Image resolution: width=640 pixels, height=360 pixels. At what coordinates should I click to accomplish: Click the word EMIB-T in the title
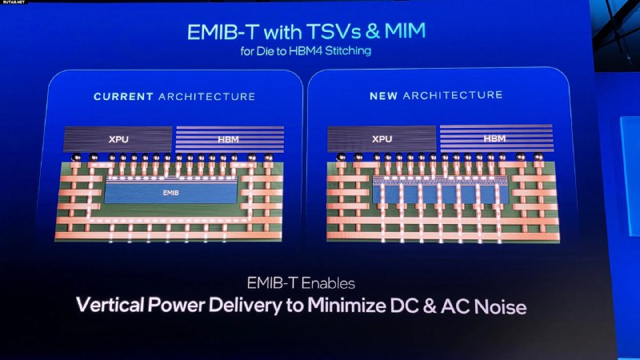224,32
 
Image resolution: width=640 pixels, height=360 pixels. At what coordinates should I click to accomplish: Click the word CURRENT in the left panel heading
123,97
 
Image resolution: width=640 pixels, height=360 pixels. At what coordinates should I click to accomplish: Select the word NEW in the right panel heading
383,96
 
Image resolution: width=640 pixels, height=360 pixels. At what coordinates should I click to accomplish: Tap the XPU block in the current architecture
118,139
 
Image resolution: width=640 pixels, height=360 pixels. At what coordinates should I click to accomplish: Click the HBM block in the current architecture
230,139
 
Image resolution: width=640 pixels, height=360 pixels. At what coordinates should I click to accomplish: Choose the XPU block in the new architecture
382,138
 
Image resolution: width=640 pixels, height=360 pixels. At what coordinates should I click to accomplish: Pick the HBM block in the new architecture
496,138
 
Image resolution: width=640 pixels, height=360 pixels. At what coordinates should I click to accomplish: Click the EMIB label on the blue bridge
170,193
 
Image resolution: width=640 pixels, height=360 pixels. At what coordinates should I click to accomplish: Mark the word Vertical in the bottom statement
110,305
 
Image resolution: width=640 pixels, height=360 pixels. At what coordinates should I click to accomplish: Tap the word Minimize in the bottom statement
346,306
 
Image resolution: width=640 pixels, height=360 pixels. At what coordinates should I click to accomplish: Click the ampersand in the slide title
372,31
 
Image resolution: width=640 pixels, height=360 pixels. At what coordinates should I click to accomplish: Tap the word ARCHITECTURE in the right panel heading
453,95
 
